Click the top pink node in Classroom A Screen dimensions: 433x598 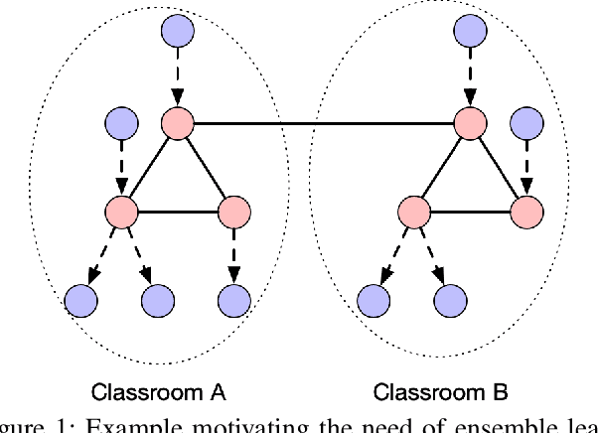coord(179,124)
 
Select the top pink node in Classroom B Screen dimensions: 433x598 coord(471,124)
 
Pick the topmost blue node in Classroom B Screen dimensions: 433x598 coord(471,30)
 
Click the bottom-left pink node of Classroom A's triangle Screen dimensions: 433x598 coord(121,211)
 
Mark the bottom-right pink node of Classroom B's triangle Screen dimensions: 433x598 coord(526,211)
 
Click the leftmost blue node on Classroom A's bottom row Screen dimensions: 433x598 coord(79,297)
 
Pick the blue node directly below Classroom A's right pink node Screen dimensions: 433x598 coord(233,297)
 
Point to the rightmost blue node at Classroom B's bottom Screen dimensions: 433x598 coord(450,297)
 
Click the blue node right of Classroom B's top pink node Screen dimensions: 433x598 coord(526,124)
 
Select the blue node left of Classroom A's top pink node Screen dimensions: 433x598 coord(121,124)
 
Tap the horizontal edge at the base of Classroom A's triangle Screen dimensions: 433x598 coord(177,211)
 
